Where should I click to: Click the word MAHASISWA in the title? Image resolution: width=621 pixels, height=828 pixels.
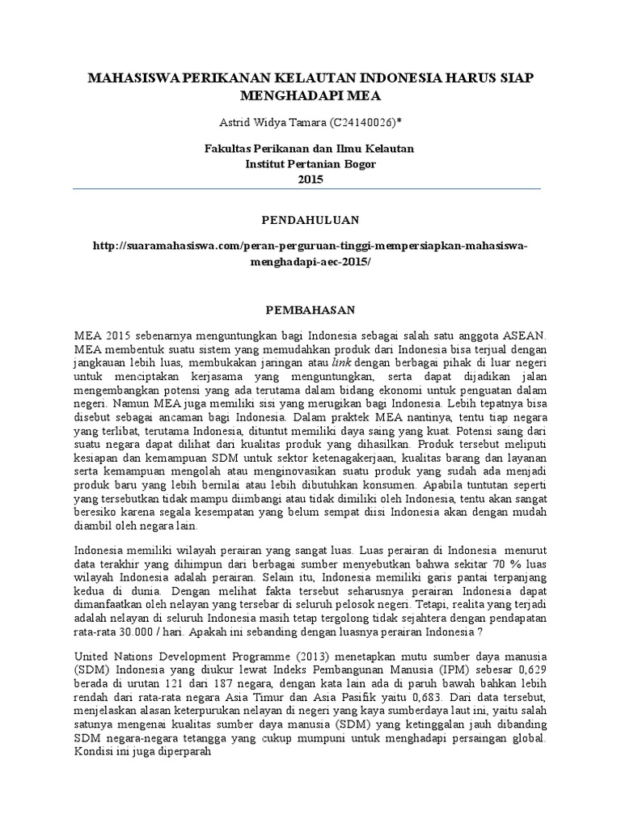(x=134, y=79)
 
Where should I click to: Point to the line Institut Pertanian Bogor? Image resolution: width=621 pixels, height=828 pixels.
(x=310, y=164)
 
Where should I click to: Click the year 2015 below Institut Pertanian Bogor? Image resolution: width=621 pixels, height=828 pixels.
(x=310, y=180)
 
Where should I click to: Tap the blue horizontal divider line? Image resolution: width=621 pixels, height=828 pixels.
(x=310, y=189)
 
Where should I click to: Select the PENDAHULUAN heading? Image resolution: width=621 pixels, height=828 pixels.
(x=310, y=220)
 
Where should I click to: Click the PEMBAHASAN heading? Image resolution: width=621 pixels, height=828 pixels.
(x=310, y=310)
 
